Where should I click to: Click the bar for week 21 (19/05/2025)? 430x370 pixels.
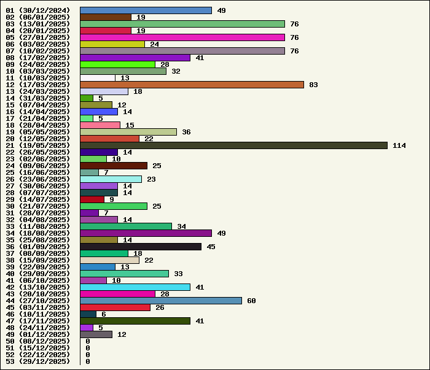pyautogui.click(x=233, y=145)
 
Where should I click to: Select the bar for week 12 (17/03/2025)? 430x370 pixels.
pyautogui.click(x=192, y=85)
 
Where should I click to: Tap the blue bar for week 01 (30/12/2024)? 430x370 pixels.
pyautogui.click(x=146, y=10)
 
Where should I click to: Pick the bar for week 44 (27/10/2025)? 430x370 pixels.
pyautogui.click(x=161, y=301)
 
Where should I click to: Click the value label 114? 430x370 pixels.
pyautogui.click(x=399, y=145)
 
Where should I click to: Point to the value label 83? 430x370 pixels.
pyautogui.click(x=313, y=85)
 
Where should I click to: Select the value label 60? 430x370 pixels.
pyautogui.click(x=251, y=301)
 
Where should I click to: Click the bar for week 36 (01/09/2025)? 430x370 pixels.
pyautogui.click(x=141, y=247)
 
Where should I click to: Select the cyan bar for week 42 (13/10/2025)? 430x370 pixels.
pyautogui.click(x=135, y=287)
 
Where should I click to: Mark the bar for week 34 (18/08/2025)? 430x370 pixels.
pyautogui.click(x=146, y=233)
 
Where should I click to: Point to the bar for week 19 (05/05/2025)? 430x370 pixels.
pyautogui.click(x=128, y=132)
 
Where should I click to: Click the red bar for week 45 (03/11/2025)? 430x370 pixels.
pyautogui.click(x=115, y=307)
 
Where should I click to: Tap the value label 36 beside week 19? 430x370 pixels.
pyautogui.click(x=186, y=132)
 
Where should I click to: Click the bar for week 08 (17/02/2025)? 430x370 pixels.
pyautogui.click(x=135, y=58)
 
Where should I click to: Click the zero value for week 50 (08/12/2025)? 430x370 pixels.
pyautogui.click(x=88, y=341)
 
